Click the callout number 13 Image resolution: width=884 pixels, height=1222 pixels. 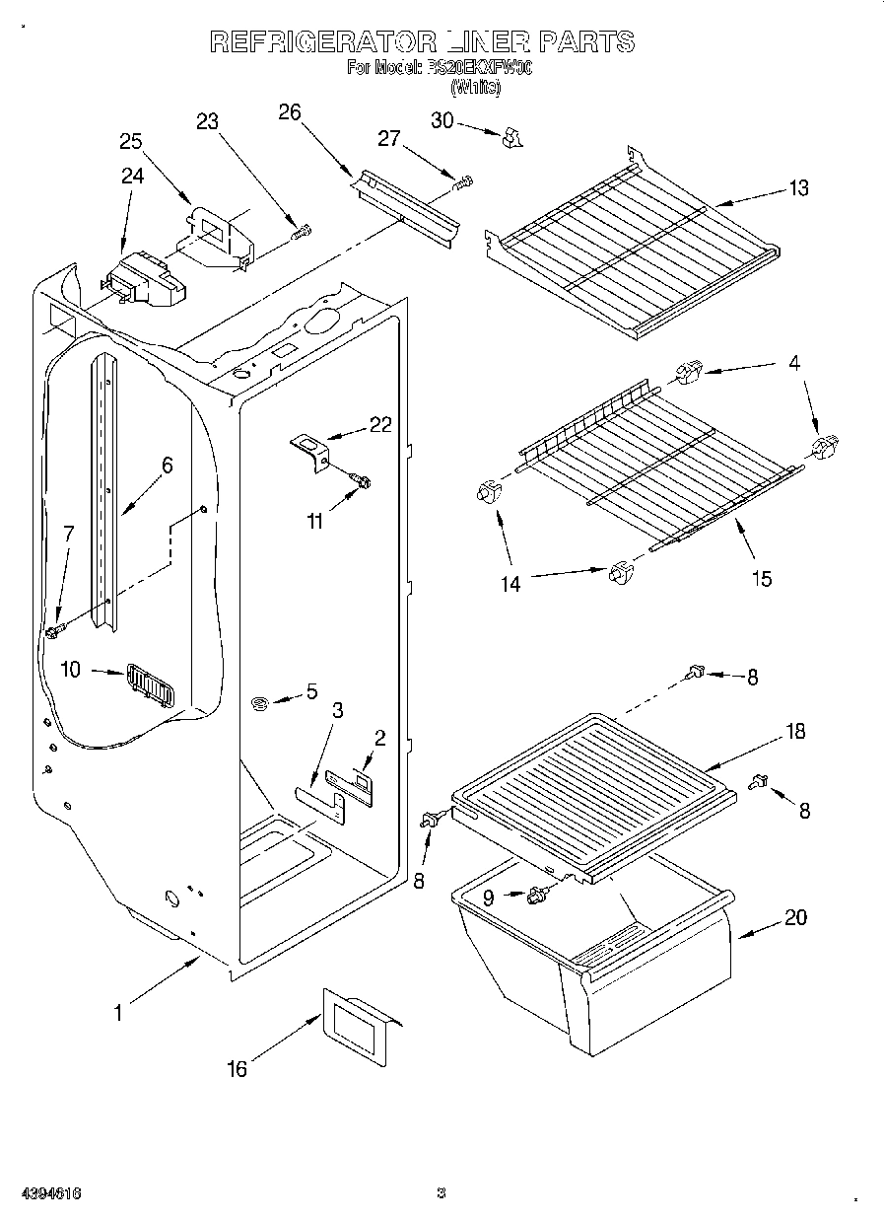(798, 188)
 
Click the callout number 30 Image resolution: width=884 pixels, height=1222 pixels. (442, 119)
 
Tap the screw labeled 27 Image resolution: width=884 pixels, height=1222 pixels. (462, 182)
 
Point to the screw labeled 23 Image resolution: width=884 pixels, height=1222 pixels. (302, 233)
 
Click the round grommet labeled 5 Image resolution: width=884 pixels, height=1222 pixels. (261, 704)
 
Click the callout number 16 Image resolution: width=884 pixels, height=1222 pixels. (237, 1068)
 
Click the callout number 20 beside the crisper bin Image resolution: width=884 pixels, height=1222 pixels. (794, 918)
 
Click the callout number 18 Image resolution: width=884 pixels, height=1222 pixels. (794, 732)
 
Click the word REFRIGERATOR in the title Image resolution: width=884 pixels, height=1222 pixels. (322, 41)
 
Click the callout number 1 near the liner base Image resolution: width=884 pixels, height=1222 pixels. (118, 1012)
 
